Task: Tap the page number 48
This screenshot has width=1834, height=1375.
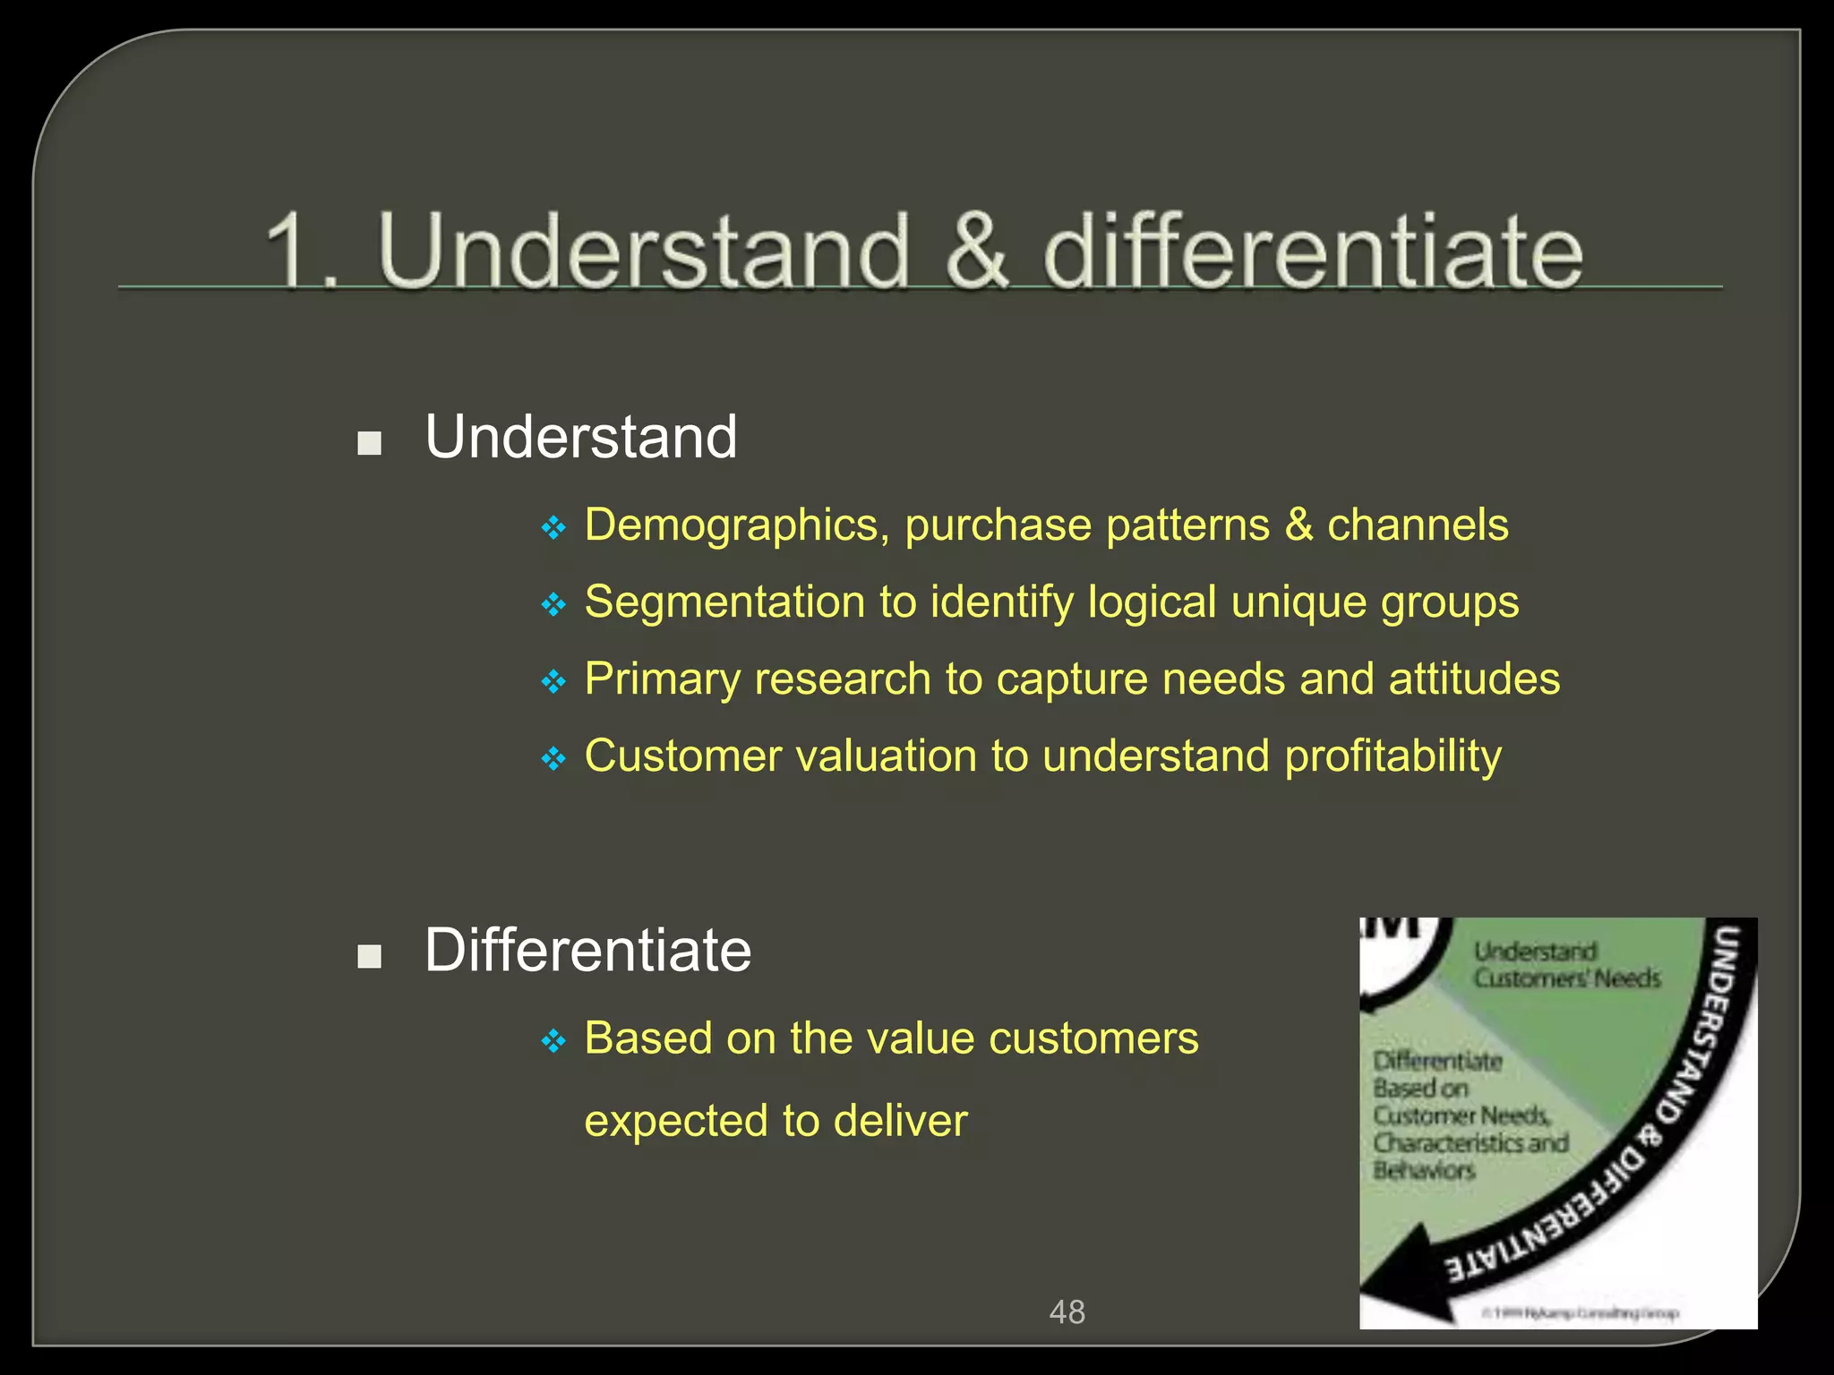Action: pos(1067,1312)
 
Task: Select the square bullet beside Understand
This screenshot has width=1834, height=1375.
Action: pos(369,443)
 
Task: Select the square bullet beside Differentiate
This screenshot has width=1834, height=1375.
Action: pos(369,956)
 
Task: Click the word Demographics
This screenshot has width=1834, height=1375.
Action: pos(731,526)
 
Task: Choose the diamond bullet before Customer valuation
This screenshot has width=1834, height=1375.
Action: pos(554,760)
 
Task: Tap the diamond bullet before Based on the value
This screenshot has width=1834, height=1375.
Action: pos(554,1041)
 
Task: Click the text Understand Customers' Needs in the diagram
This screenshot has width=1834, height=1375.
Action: pos(1565,965)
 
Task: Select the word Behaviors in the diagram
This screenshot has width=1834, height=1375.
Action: pos(1424,1170)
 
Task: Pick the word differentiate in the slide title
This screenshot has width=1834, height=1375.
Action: pos(1312,252)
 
